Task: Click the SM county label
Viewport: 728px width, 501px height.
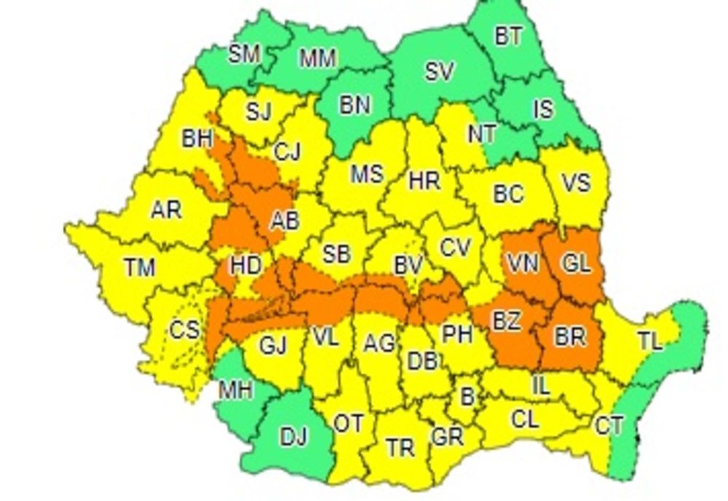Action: coord(245,55)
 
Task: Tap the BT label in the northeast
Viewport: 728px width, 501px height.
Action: coord(509,37)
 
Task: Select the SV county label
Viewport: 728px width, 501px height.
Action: coord(439,71)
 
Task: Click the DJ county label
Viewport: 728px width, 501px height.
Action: coord(293,436)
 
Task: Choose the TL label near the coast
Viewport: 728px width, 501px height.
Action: coord(650,342)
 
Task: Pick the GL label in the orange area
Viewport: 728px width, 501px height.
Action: coord(576,264)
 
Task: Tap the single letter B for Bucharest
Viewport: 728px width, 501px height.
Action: coord(467,397)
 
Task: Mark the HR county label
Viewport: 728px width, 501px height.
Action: coord(424,180)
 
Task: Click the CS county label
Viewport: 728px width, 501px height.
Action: coord(184,330)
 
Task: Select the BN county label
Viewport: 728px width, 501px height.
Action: coord(355,106)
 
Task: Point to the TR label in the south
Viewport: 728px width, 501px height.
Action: coord(400,447)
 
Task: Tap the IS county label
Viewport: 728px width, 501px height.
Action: coord(543,109)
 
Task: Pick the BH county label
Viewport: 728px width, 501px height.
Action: coord(197,139)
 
